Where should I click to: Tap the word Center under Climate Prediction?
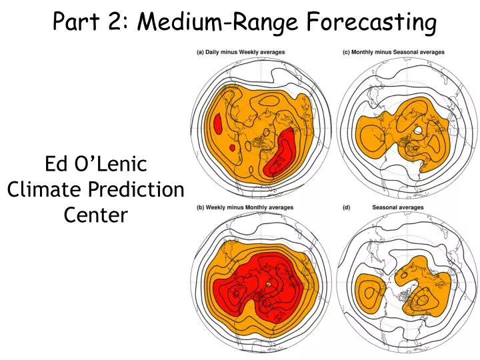click(95, 215)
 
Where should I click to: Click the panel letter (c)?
click(346, 52)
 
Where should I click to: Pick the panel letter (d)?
click(346, 207)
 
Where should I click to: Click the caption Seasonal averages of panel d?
click(398, 207)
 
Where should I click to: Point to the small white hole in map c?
click(417, 131)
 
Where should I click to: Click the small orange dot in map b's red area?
click(269, 285)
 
